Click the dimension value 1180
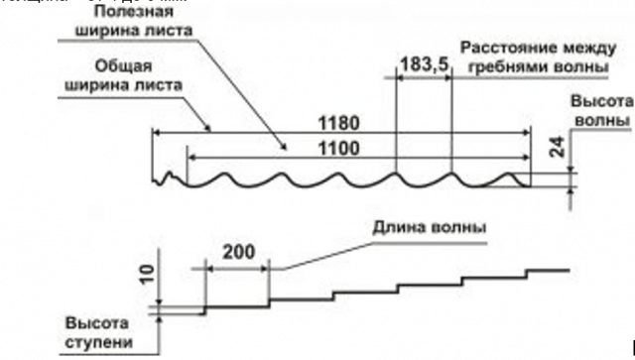coord(338,124)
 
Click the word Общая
coord(122,66)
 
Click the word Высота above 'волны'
coord(602,101)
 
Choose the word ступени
coord(98,341)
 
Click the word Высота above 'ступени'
coord(97,323)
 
